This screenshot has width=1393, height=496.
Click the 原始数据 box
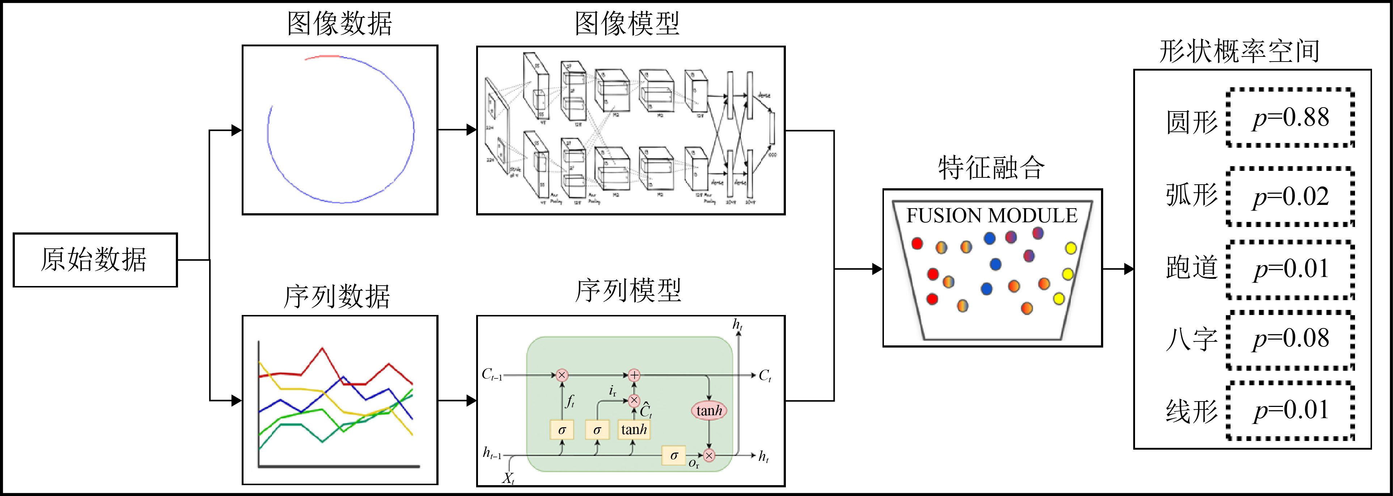click(95, 260)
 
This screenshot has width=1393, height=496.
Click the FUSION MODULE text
click(992, 215)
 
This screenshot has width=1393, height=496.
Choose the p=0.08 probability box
click(1290, 339)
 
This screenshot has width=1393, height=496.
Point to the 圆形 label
click(1191, 122)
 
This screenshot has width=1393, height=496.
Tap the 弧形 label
click(1191, 195)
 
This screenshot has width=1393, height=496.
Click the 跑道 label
click(1191, 267)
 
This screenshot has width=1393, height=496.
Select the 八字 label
click(1191, 340)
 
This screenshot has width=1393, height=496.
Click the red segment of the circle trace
click(322, 56)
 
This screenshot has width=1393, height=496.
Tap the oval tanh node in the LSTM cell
click(709, 411)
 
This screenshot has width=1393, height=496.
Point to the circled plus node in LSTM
click(634, 375)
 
